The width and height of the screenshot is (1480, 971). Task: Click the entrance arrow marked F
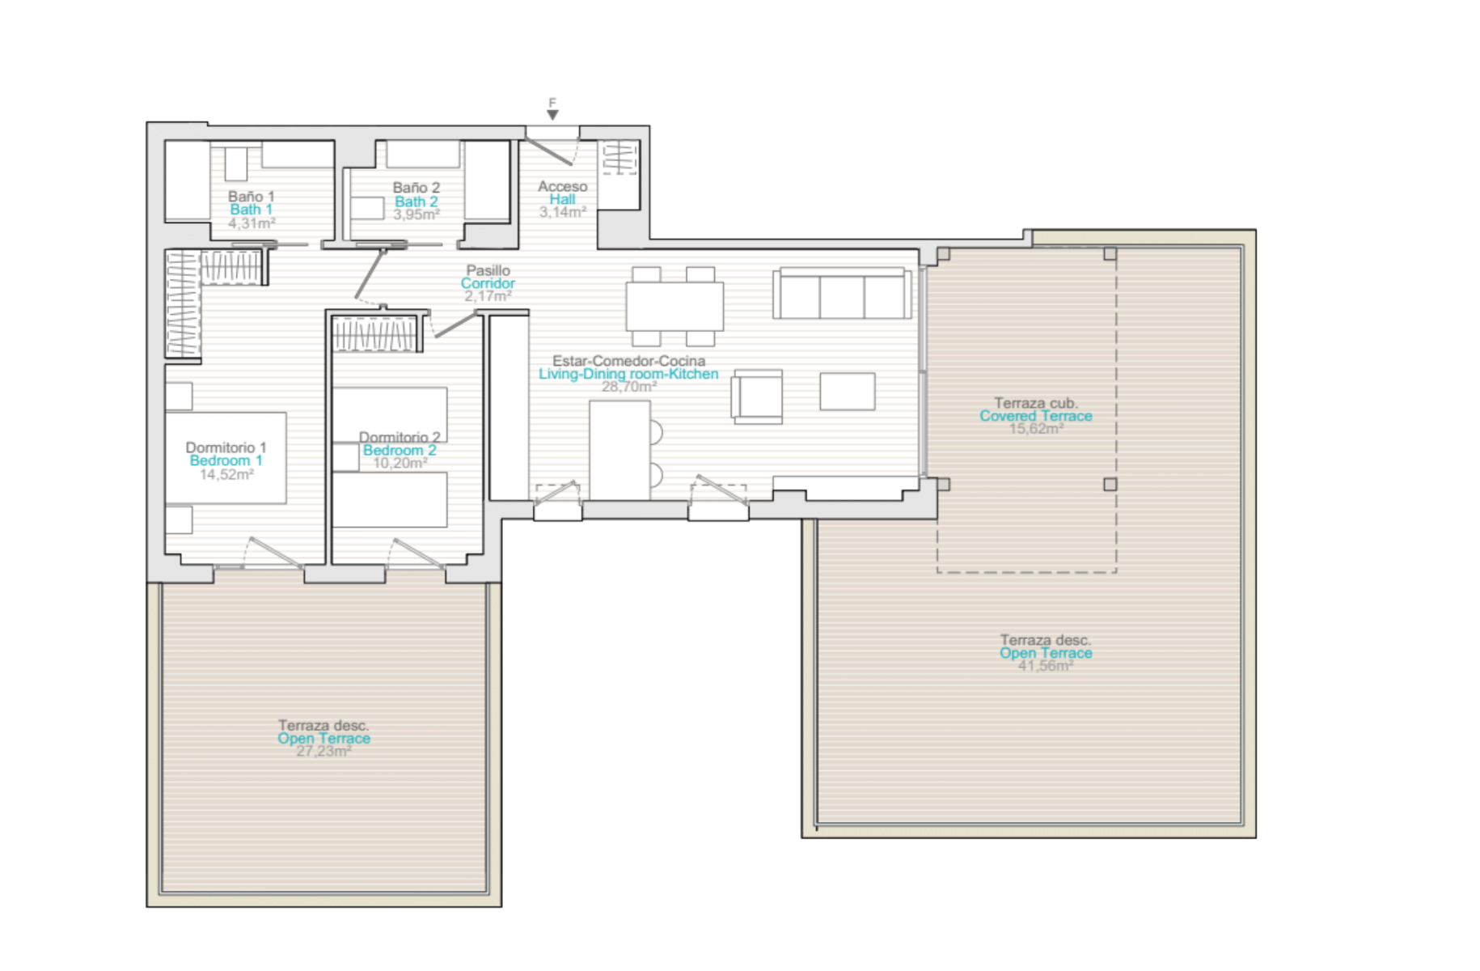(552, 115)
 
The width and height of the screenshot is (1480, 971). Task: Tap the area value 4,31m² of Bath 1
(252, 223)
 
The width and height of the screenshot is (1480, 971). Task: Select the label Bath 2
(417, 201)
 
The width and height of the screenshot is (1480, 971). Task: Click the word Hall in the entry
(562, 199)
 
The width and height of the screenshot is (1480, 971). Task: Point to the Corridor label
(488, 283)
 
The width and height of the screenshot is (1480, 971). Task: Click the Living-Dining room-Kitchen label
(628, 374)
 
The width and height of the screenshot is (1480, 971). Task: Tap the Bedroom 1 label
(226, 460)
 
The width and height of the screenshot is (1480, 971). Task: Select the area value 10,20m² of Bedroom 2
(400, 464)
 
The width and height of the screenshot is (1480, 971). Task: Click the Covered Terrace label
(1036, 416)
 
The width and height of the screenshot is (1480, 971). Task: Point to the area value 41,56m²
(1046, 666)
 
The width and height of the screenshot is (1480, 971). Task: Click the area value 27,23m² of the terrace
(323, 752)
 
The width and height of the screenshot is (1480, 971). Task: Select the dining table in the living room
(674, 306)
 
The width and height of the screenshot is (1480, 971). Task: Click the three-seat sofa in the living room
(842, 293)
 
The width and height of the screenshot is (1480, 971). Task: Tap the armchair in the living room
(757, 396)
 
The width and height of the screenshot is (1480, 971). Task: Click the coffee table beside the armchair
(847, 391)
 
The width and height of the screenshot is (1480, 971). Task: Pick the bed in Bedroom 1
(226, 458)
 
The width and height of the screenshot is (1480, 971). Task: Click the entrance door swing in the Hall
(550, 151)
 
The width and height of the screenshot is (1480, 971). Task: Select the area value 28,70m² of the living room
(628, 387)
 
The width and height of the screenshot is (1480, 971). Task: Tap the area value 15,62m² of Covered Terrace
(1036, 429)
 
